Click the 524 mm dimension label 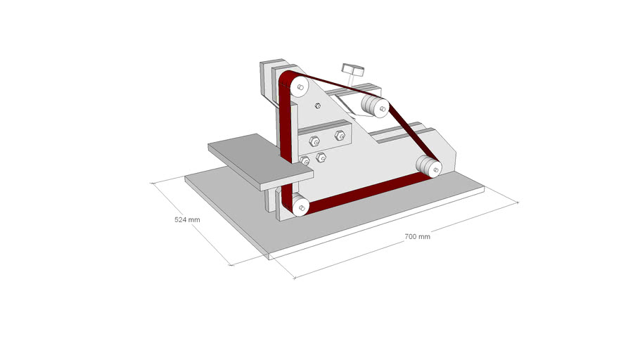coord(187,219)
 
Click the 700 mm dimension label coord(417,236)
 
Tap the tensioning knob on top coord(352,70)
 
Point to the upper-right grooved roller coord(376,107)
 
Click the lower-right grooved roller coord(429,167)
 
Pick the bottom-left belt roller coord(300,205)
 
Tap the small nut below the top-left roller coord(318,106)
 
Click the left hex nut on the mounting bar coord(314,141)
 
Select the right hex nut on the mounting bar coord(340,136)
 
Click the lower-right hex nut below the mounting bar coord(321,157)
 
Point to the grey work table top coord(260,160)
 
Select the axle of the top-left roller coord(300,87)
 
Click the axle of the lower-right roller coord(436,169)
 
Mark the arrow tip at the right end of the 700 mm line coord(518,202)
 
